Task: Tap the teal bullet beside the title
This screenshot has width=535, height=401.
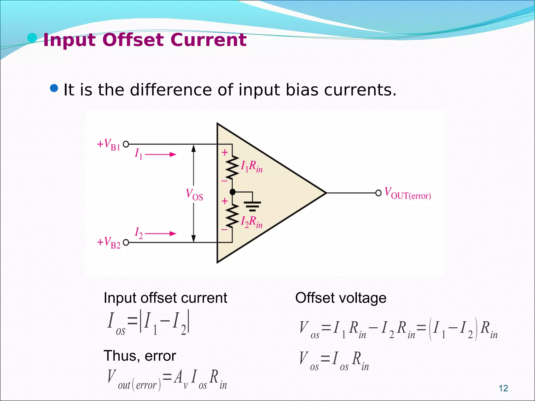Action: click(32, 38)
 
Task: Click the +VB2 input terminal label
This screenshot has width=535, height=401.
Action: click(109, 243)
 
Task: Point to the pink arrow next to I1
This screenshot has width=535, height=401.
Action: click(160, 155)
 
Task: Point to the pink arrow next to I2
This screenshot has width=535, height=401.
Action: click(160, 233)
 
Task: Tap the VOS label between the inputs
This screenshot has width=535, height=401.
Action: click(194, 194)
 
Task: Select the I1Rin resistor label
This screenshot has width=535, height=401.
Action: click(251, 166)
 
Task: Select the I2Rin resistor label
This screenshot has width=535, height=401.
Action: click(251, 222)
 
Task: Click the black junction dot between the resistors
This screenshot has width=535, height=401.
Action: click(232, 192)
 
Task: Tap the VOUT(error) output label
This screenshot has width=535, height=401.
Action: click(408, 193)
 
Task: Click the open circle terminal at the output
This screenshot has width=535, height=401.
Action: click(378, 193)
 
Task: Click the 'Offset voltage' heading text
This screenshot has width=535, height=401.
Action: click(341, 298)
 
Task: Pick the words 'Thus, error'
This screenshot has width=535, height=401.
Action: click(140, 356)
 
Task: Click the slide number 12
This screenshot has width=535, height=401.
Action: click(503, 388)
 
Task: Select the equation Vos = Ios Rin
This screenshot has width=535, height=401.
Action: click(334, 360)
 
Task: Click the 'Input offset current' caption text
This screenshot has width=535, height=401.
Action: click(165, 298)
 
